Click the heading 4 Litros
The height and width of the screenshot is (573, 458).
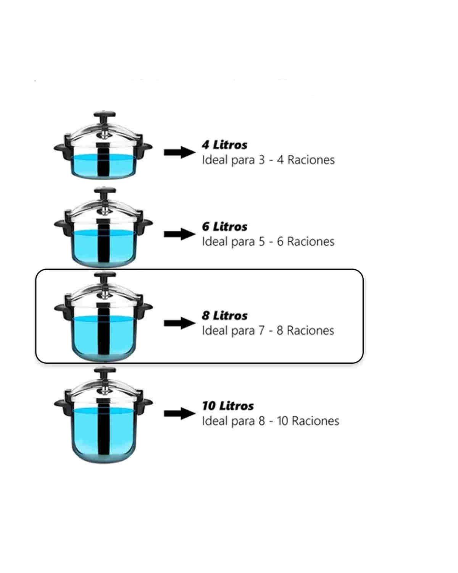pyautogui.click(x=224, y=145)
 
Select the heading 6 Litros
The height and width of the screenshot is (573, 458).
pyautogui.click(x=224, y=227)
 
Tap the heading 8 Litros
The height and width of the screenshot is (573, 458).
pyautogui.click(x=224, y=316)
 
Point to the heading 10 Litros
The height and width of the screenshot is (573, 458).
pyautogui.click(x=228, y=406)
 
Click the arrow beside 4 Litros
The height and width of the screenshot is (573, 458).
pyautogui.click(x=180, y=152)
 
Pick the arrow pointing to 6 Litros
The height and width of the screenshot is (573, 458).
pyautogui.click(x=180, y=234)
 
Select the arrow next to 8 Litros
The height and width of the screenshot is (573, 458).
pyautogui.click(x=180, y=323)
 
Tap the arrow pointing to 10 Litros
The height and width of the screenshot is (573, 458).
pyautogui.click(x=180, y=413)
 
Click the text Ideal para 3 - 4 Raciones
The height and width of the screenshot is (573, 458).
pyautogui.click(x=268, y=160)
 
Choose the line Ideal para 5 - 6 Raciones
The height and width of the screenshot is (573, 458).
pyautogui.click(x=268, y=242)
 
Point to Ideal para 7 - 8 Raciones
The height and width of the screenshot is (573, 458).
pyautogui.click(x=268, y=331)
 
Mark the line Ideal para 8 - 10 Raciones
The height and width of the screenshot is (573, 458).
pyautogui.click(x=270, y=421)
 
